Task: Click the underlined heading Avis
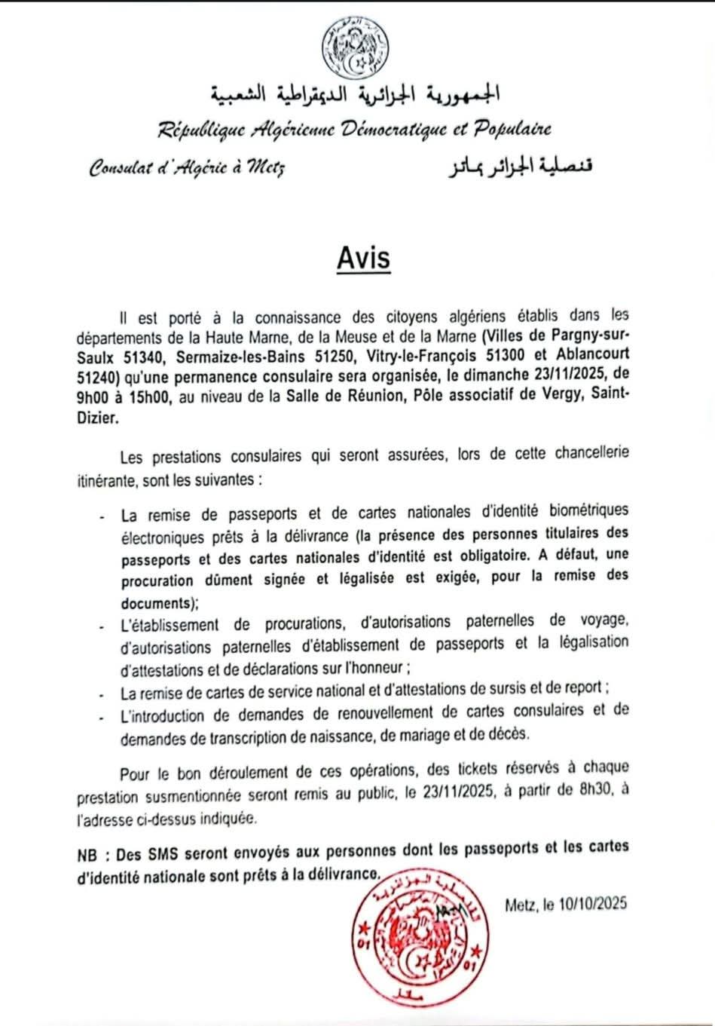[363, 258]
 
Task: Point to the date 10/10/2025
[594, 905]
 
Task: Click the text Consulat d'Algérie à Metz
[187, 167]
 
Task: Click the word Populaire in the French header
[512, 129]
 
